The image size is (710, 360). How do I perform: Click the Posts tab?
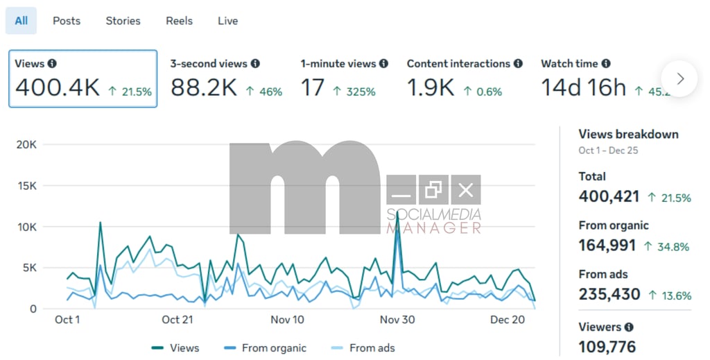pyautogui.click(x=67, y=21)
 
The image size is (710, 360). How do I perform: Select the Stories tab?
pyautogui.click(x=123, y=21)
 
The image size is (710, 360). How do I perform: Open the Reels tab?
pyautogui.click(x=179, y=21)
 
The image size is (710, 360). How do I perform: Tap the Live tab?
pyautogui.click(x=227, y=21)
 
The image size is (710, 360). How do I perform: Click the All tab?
pyautogui.click(x=21, y=21)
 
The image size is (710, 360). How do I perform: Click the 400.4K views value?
pyautogui.click(x=58, y=88)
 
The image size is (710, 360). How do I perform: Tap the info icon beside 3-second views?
pyautogui.click(x=255, y=64)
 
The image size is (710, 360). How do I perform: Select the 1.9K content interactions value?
pyautogui.click(x=430, y=88)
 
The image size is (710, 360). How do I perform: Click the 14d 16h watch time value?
pyautogui.click(x=583, y=88)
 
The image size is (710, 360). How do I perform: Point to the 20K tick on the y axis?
pyautogui.click(x=27, y=144)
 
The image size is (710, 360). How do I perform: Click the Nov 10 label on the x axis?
pyautogui.click(x=287, y=320)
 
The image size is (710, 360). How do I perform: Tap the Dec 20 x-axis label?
pyautogui.click(x=508, y=320)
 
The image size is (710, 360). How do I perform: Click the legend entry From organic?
pyautogui.click(x=273, y=348)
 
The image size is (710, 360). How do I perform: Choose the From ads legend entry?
pyautogui.click(x=372, y=348)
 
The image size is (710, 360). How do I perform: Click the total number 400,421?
pyautogui.click(x=609, y=196)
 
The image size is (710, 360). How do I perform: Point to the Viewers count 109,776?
pyautogui.click(x=607, y=346)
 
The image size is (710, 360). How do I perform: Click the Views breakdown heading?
pyautogui.click(x=628, y=135)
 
